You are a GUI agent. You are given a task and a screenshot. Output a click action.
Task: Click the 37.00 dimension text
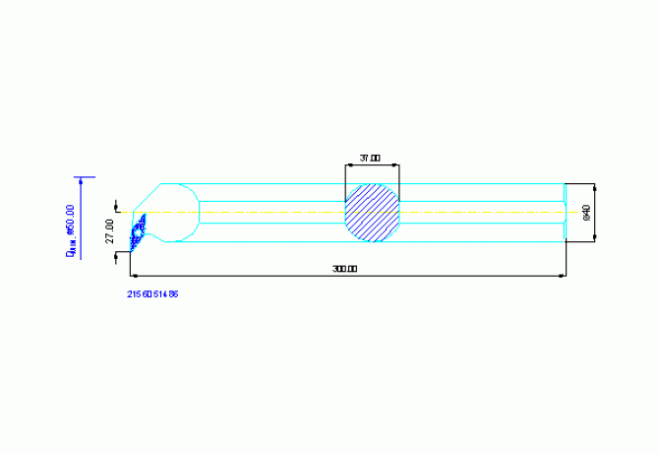coord(370,158)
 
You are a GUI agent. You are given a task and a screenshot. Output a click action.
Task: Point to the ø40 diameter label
coord(586,212)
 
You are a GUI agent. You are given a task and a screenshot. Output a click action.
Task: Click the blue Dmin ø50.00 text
coord(70,229)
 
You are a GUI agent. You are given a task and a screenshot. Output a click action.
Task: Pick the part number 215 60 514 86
coord(152,293)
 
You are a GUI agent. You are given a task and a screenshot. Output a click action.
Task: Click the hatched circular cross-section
coord(372,212)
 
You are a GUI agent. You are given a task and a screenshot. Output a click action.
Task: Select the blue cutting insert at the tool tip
coord(139,228)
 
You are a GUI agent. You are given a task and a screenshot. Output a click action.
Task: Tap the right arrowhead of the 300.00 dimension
coord(563,276)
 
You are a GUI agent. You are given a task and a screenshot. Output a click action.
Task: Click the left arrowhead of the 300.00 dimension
coord(136,276)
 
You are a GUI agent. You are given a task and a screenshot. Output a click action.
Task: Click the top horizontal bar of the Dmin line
coord(86,177)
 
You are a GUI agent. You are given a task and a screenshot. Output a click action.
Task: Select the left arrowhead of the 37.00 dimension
coord(348,164)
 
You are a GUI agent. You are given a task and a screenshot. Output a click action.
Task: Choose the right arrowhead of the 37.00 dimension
coord(396,164)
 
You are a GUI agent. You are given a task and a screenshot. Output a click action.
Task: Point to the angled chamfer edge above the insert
coord(147,194)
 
